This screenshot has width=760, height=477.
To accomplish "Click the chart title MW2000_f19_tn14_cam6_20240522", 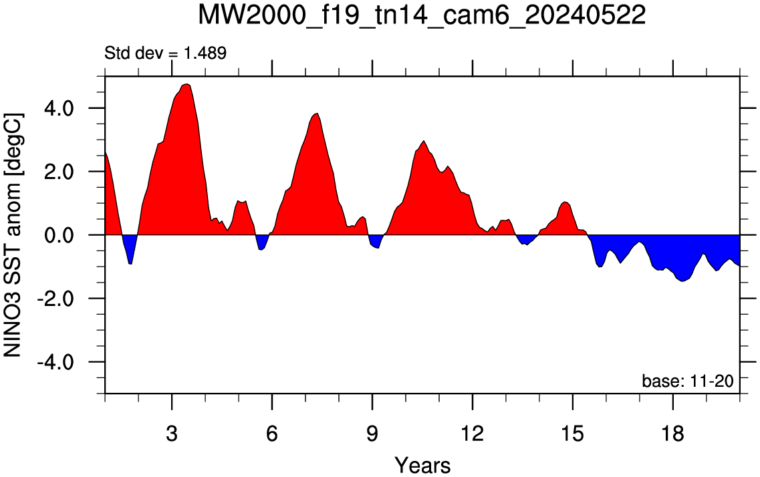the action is pyautogui.click(x=422, y=15).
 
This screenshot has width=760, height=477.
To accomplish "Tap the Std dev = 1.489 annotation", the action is pyautogui.click(x=165, y=53).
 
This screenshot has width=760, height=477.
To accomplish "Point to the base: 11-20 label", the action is pyautogui.click(x=688, y=381).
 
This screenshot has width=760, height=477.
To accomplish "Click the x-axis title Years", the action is pyautogui.click(x=422, y=465).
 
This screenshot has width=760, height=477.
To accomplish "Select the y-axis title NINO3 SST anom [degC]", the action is pyautogui.click(x=13, y=235).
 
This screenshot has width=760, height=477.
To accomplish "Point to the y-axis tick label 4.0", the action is pyautogui.click(x=59, y=108).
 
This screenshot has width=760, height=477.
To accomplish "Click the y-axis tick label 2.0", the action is pyautogui.click(x=59, y=172).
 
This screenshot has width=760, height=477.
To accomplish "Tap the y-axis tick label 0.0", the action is pyautogui.click(x=59, y=235).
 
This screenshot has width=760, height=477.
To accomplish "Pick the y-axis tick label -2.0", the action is pyautogui.click(x=55, y=299).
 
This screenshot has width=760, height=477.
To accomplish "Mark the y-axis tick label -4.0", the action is pyautogui.click(x=55, y=362).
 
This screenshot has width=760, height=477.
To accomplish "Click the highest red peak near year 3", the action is pyautogui.click(x=186, y=85).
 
